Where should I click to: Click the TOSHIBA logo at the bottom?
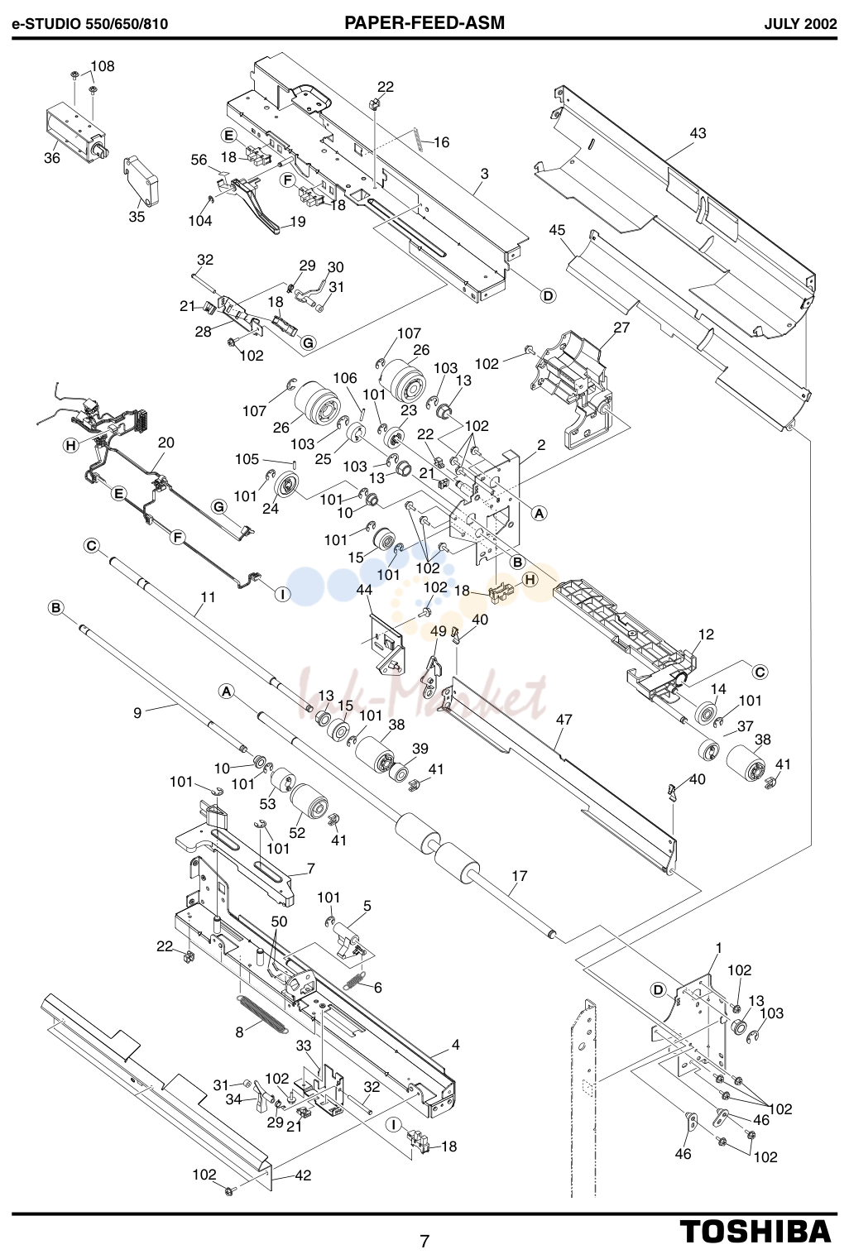pyautogui.click(x=755, y=1231)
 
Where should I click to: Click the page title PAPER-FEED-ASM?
pyautogui.click(x=424, y=22)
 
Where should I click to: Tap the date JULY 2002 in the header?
pyautogui.click(x=800, y=24)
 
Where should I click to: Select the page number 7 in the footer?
pyautogui.click(x=424, y=1241)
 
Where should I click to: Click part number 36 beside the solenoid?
pyautogui.click(x=52, y=159)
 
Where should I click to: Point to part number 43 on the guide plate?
pyautogui.click(x=698, y=133)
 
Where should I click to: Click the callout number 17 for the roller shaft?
pyautogui.click(x=520, y=876)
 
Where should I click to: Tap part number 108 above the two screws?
pyautogui.click(x=103, y=66)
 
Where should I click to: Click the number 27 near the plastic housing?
pyautogui.click(x=621, y=327)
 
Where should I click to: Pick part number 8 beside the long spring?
pyautogui.click(x=239, y=1032)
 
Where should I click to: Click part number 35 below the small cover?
pyautogui.click(x=137, y=217)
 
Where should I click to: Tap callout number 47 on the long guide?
pyautogui.click(x=564, y=720)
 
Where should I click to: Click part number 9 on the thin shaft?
pyautogui.click(x=137, y=713)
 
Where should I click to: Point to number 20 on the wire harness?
pyautogui.click(x=165, y=443)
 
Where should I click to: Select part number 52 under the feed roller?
pyautogui.click(x=297, y=832)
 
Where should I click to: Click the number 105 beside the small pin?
pyautogui.click(x=247, y=459)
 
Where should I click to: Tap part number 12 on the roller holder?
pyautogui.click(x=706, y=634)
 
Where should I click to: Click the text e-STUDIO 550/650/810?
pyautogui.click(x=90, y=24)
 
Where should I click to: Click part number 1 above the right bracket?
pyautogui.click(x=718, y=948)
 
